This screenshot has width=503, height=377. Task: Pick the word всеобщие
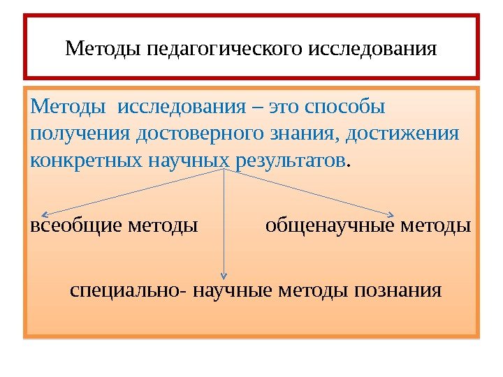pos(75,226)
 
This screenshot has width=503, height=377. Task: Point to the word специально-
pos(127,289)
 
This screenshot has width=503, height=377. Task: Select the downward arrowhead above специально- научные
pos(224,277)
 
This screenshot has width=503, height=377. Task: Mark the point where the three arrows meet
pos(224,170)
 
